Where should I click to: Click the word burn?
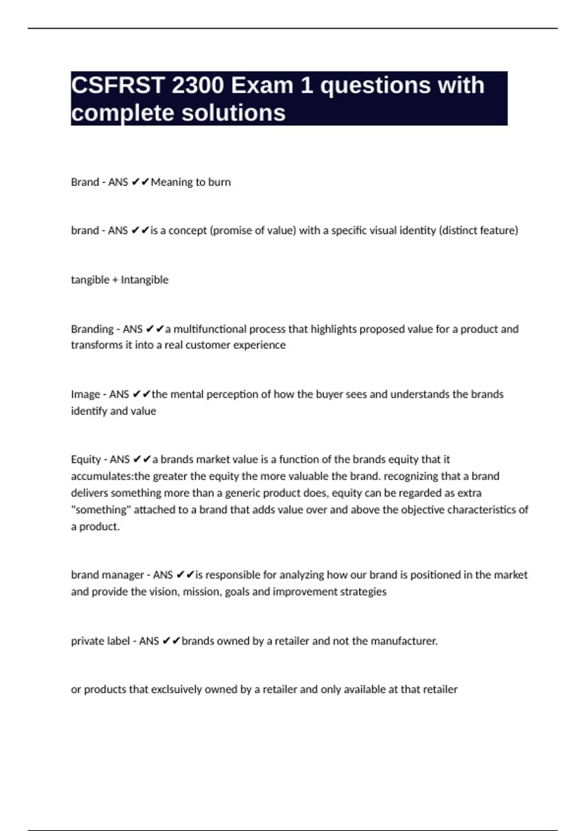point(219,182)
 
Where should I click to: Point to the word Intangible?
point(145,280)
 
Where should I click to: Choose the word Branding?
point(92,329)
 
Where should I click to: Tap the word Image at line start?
point(85,394)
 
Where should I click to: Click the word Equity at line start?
point(86,459)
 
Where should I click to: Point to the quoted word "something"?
point(101,510)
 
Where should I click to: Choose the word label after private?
point(118,641)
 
